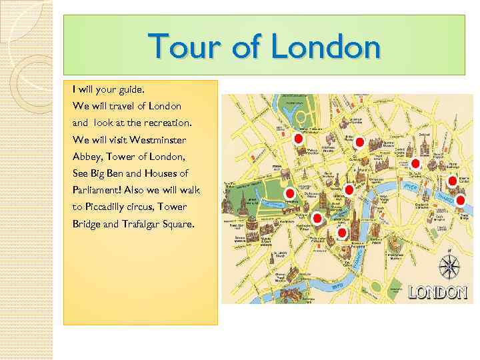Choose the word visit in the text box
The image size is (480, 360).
(x=116, y=141)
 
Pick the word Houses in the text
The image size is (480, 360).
(x=167, y=173)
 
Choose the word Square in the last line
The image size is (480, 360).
(x=179, y=224)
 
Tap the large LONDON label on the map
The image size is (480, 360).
(x=437, y=292)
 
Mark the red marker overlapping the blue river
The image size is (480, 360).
(x=460, y=199)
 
